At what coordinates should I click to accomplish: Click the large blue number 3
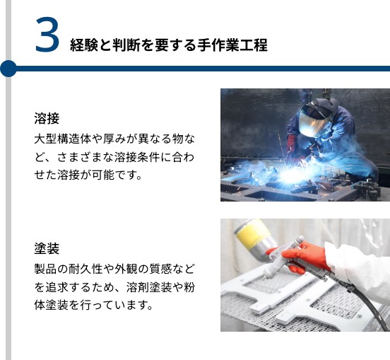click(47, 35)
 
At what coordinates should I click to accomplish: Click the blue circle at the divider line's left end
click(8, 69)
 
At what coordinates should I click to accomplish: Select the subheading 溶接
click(47, 118)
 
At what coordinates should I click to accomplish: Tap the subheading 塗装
click(47, 248)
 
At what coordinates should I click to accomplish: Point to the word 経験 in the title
click(84, 45)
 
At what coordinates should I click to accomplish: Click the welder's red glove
click(290, 144)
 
